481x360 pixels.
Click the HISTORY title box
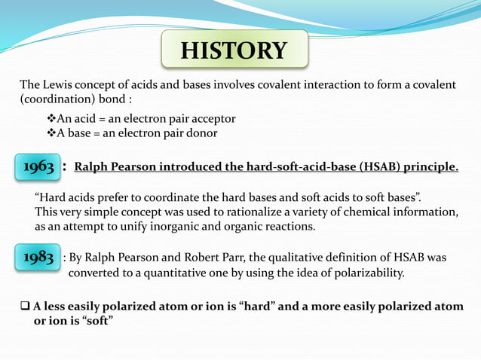(x=234, y=51)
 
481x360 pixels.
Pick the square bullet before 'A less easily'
(x=25, y=307)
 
